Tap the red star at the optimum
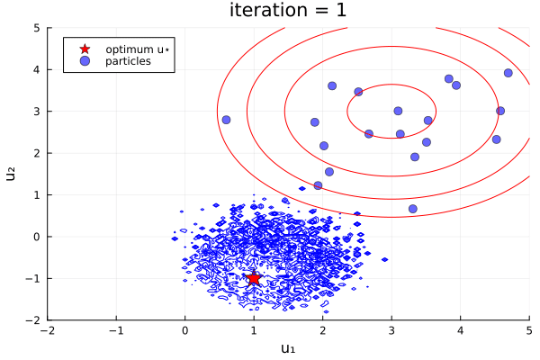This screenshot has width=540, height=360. pyautogui.click(x=254, y=278)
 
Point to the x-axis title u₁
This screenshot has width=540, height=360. pyautogui.click(x=288, y=348)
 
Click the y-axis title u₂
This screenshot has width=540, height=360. pyautogui.click(x=12, y=173)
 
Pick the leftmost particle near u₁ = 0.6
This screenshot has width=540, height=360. pyautogui.click(x=226, y=120)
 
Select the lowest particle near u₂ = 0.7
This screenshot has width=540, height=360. pyautogui.click(x=412, y=209)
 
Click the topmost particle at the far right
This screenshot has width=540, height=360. pyautogui.click(x=508, y=73)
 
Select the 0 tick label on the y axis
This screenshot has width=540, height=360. pyautogui.click(x=37, y=237)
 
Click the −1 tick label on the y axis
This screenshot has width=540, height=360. pyautogui.click(x=34, y=278)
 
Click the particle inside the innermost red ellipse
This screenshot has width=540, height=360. pyautogui.click(x=398, y=112)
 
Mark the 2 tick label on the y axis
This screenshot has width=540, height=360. pyautogui.click(x=37, y=153)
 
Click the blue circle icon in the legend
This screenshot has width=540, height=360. pyautogui.click(x=85, y=61)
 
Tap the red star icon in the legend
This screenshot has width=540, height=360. pyautogui.click(x=85, y=49)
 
